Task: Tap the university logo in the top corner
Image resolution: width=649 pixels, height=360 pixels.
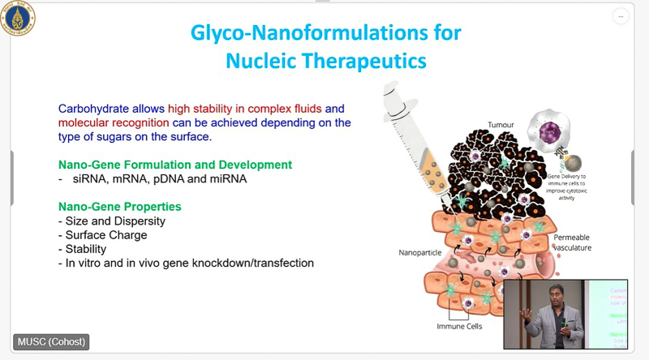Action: point(18,18)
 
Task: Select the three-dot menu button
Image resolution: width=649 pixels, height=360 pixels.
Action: point(621,15)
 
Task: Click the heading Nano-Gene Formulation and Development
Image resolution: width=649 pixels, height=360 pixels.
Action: point(175,165)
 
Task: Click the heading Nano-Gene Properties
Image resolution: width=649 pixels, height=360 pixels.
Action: point(120,207)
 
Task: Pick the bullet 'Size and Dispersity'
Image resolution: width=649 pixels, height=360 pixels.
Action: point(114,221)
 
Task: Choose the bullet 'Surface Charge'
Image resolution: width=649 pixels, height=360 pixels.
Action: point(106,235)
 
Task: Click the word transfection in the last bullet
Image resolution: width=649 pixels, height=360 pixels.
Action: point(279,264)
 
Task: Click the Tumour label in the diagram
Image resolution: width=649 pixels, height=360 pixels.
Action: point(501,125)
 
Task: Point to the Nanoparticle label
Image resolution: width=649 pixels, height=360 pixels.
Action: point(419,252)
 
